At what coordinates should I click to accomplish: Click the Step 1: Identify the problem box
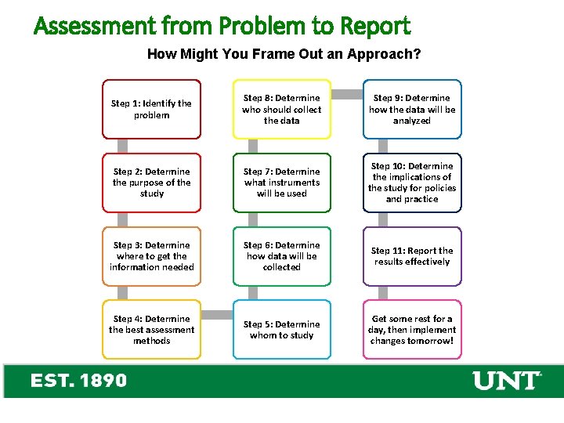pyautogui.click(x=151, y=109)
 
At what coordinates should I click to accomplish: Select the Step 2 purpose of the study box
pyautogui.click(x=151, y=183)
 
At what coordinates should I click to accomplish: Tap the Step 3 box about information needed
pyautogui.click(x=151, y=256)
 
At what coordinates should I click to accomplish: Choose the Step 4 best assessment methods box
pyautogui.click(x=151, y=330)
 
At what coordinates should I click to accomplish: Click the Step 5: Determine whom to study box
pyautogui.click(x=282, y=330)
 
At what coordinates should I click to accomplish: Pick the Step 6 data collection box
pyautogui.click(x=282, y=256)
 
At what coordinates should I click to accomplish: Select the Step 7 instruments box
pyautogui.click(x=282, y=183)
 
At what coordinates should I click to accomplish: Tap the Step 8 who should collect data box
pyautogui.click(x=282, y=109)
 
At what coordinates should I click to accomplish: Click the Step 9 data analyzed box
pyautogui.click(x=412, y=109)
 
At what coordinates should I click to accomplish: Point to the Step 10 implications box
pyautogui.click(x=412, y=183)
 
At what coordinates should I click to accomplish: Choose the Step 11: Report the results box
pyautogui.click(x=412, y=256)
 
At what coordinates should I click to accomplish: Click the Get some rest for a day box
pyautogui.click(x=412, y=330)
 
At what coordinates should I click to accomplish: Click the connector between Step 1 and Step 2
pyautogui.click(x=123, y=146)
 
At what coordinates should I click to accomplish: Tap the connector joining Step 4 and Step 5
pyautogui.click(x=217, y=315)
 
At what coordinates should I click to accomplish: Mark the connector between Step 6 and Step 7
pyautogui.click(x=253, y=219)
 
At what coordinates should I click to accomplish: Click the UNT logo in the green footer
pyautogui.click(x=507, y=381)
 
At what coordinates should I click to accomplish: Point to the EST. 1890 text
pyautogui.click(x=78, y=381)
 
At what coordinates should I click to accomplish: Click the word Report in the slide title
pyautogui.click(x=374, y=27)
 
